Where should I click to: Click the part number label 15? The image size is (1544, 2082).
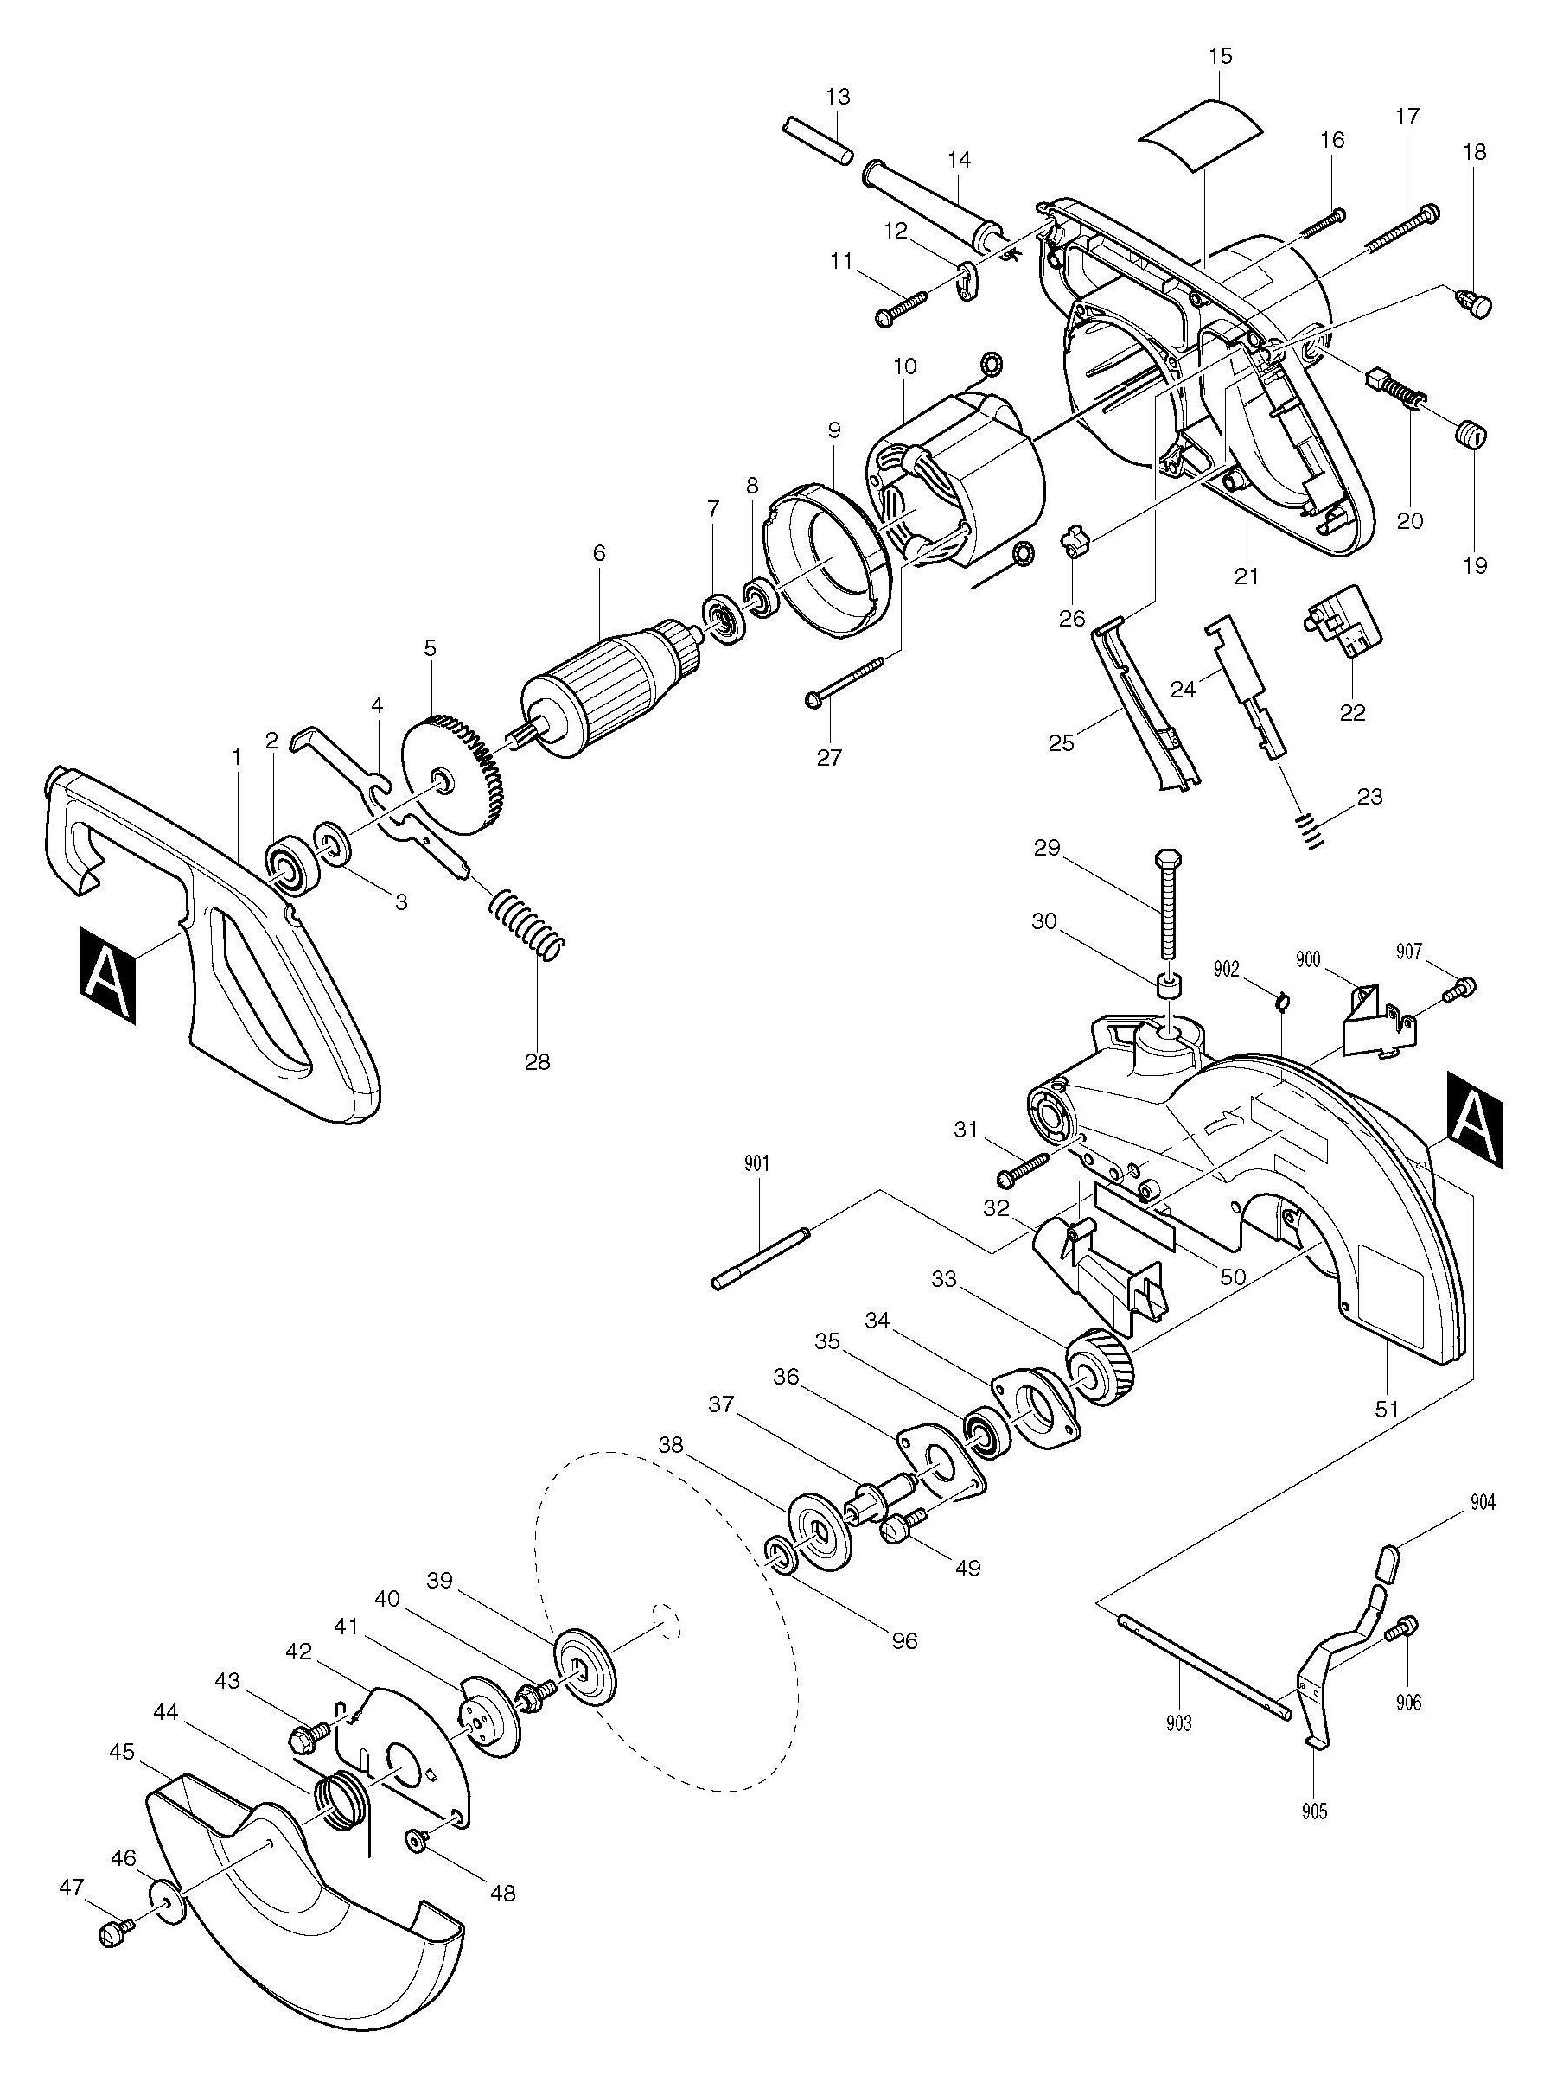[1220, 57]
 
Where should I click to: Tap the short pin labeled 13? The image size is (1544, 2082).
[817, 139]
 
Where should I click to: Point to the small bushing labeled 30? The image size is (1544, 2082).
[1168, 986]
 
